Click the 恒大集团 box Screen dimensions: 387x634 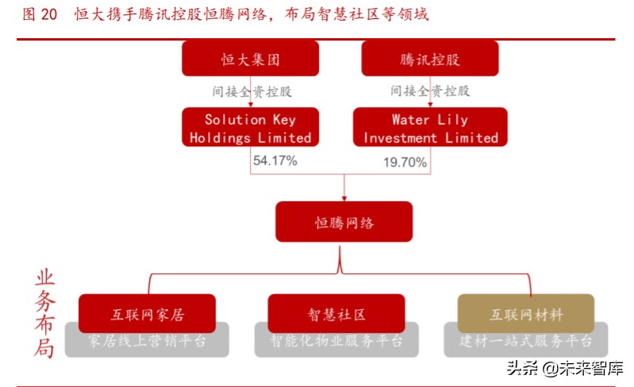click(250, 59)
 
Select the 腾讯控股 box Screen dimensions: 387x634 click(430, 59)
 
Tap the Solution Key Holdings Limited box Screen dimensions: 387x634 click(250, 129)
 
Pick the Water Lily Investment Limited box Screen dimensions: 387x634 click(430, 129)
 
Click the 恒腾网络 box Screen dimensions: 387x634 click(344, 222)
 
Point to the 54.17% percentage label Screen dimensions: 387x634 click(275, 161)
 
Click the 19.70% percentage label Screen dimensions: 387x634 click(405, 163)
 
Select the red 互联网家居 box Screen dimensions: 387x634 click(147, 314)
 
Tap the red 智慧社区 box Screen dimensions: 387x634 click(336, 314)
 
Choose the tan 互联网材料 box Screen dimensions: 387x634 click(525, 314)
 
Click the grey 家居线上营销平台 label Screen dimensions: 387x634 click(147, 342)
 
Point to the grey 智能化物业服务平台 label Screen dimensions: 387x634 click(336, 342)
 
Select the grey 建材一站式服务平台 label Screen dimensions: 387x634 click(525, 342)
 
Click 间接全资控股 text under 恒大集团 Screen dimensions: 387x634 click(252, 91)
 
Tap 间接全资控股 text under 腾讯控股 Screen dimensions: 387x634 click(430, 91)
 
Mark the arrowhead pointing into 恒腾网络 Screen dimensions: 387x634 click(344, 197)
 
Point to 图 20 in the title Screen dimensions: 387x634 click(40, 15)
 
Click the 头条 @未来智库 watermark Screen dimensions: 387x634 click(565, 368)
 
